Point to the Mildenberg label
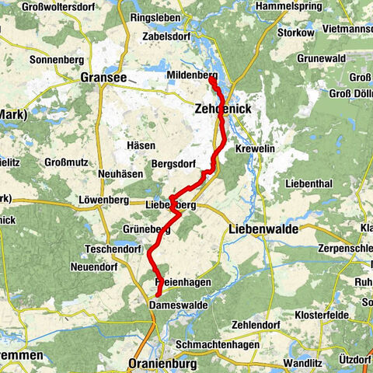pyautogui.click(x=191, y=75)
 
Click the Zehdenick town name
pyautogui.click(x=223, y=110)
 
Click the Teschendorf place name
pyautogui.click(x=114, y=249)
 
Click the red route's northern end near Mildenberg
pyautogui.click(x=212, y=77)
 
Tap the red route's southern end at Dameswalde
pyautogui.click(x=158, y=295)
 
